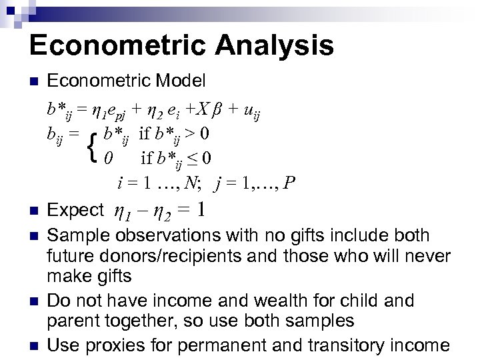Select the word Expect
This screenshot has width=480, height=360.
click(x=76, y=211)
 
